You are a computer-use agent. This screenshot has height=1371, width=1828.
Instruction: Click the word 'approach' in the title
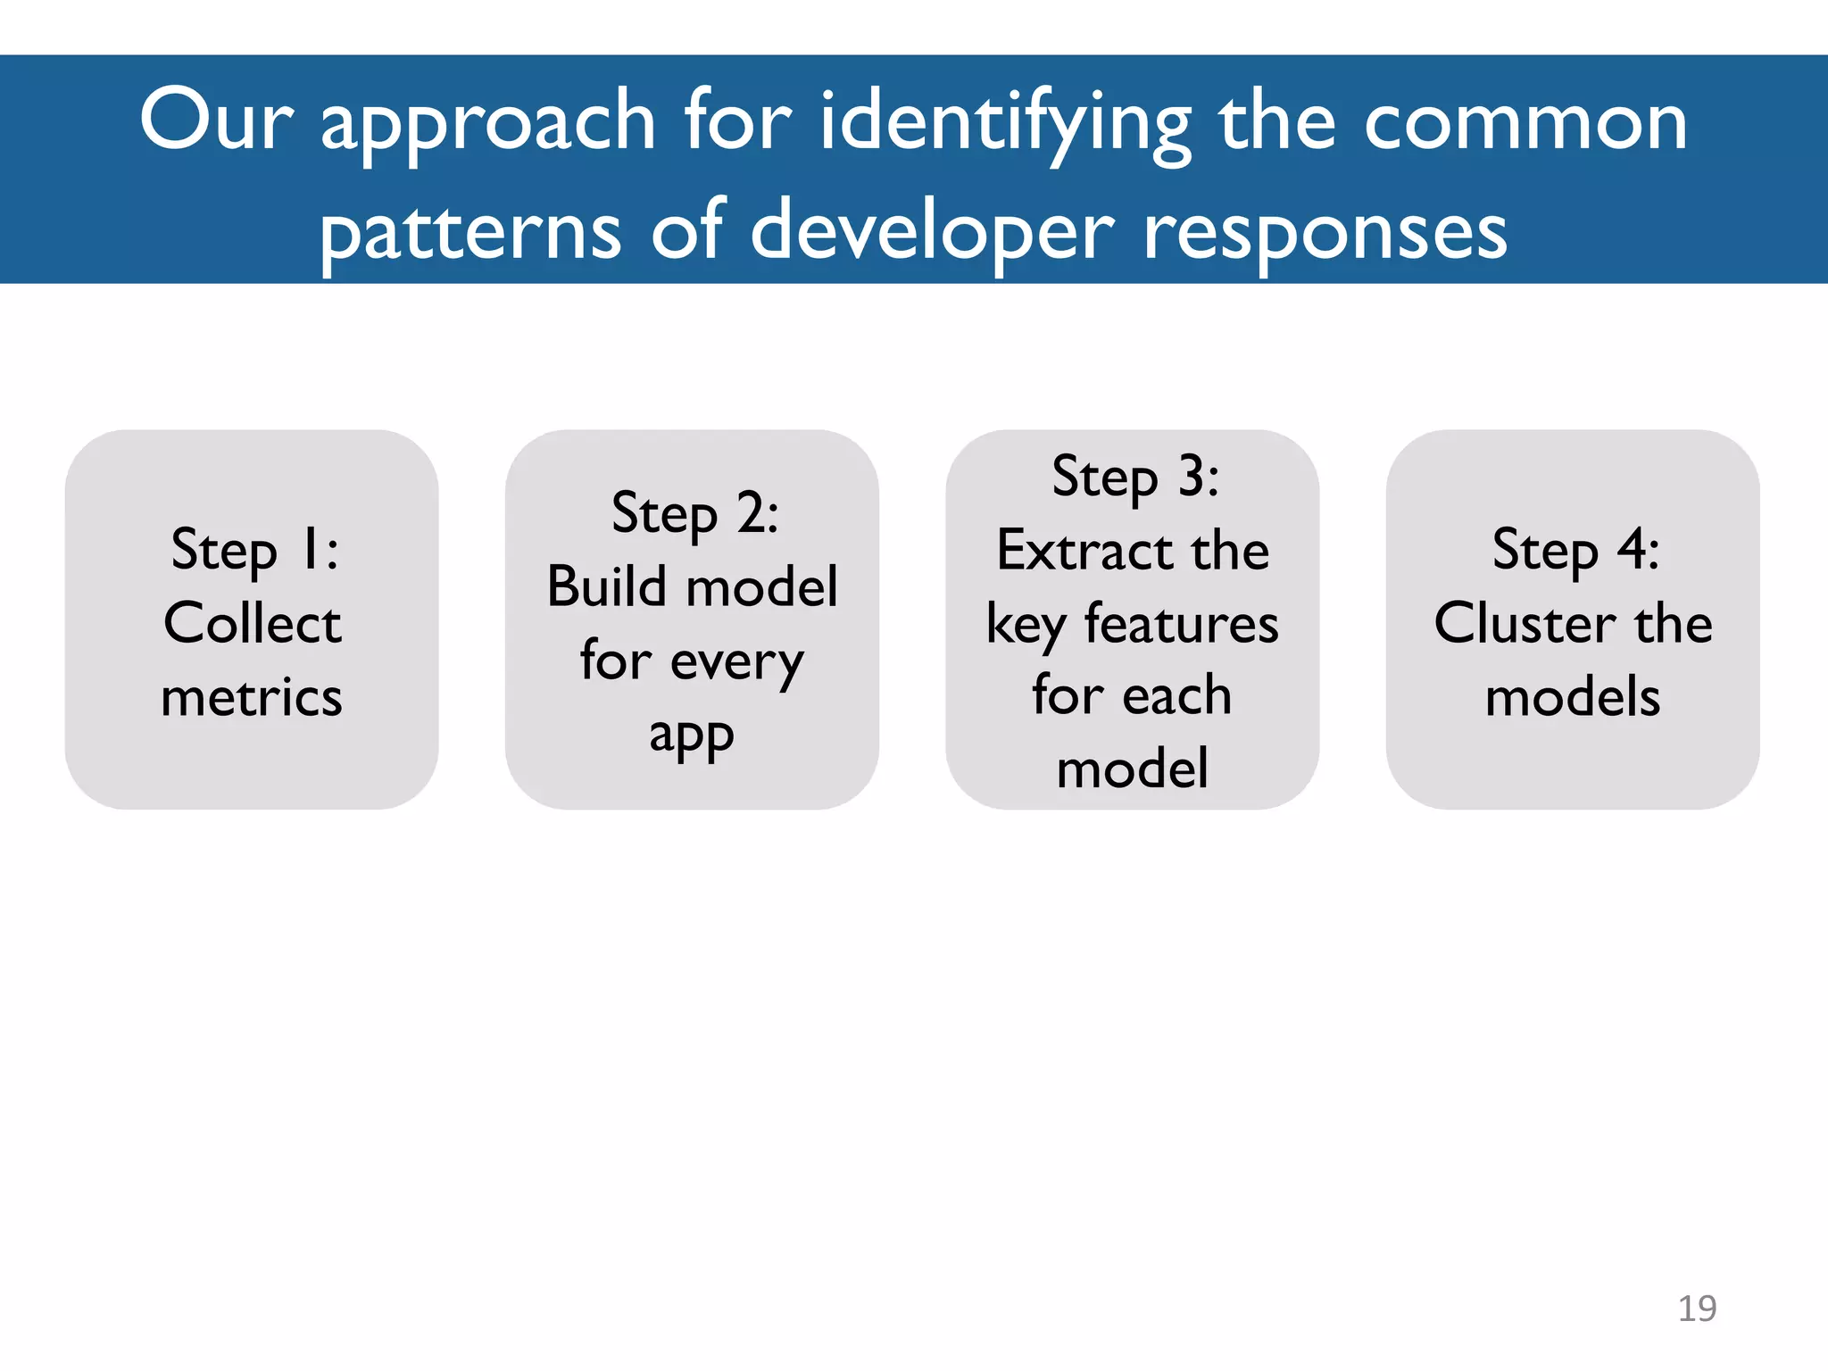(488, 125)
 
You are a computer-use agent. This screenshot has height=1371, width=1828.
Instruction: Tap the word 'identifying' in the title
(1004, 125)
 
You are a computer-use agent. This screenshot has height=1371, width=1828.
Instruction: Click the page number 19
(1696, 1309)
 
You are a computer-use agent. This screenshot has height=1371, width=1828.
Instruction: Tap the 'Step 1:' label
(254, 549)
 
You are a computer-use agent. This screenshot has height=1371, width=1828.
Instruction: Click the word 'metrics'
(252, 696)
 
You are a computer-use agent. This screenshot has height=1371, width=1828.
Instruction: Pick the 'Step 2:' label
(694, 513)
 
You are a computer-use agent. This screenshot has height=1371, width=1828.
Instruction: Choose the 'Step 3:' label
(1134, 477)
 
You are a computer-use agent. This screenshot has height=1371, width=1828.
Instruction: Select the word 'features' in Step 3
(1181, 623)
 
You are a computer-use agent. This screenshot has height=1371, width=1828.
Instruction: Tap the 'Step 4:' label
(1575, 549)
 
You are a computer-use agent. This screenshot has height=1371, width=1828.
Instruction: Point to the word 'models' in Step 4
(1573, 696)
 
